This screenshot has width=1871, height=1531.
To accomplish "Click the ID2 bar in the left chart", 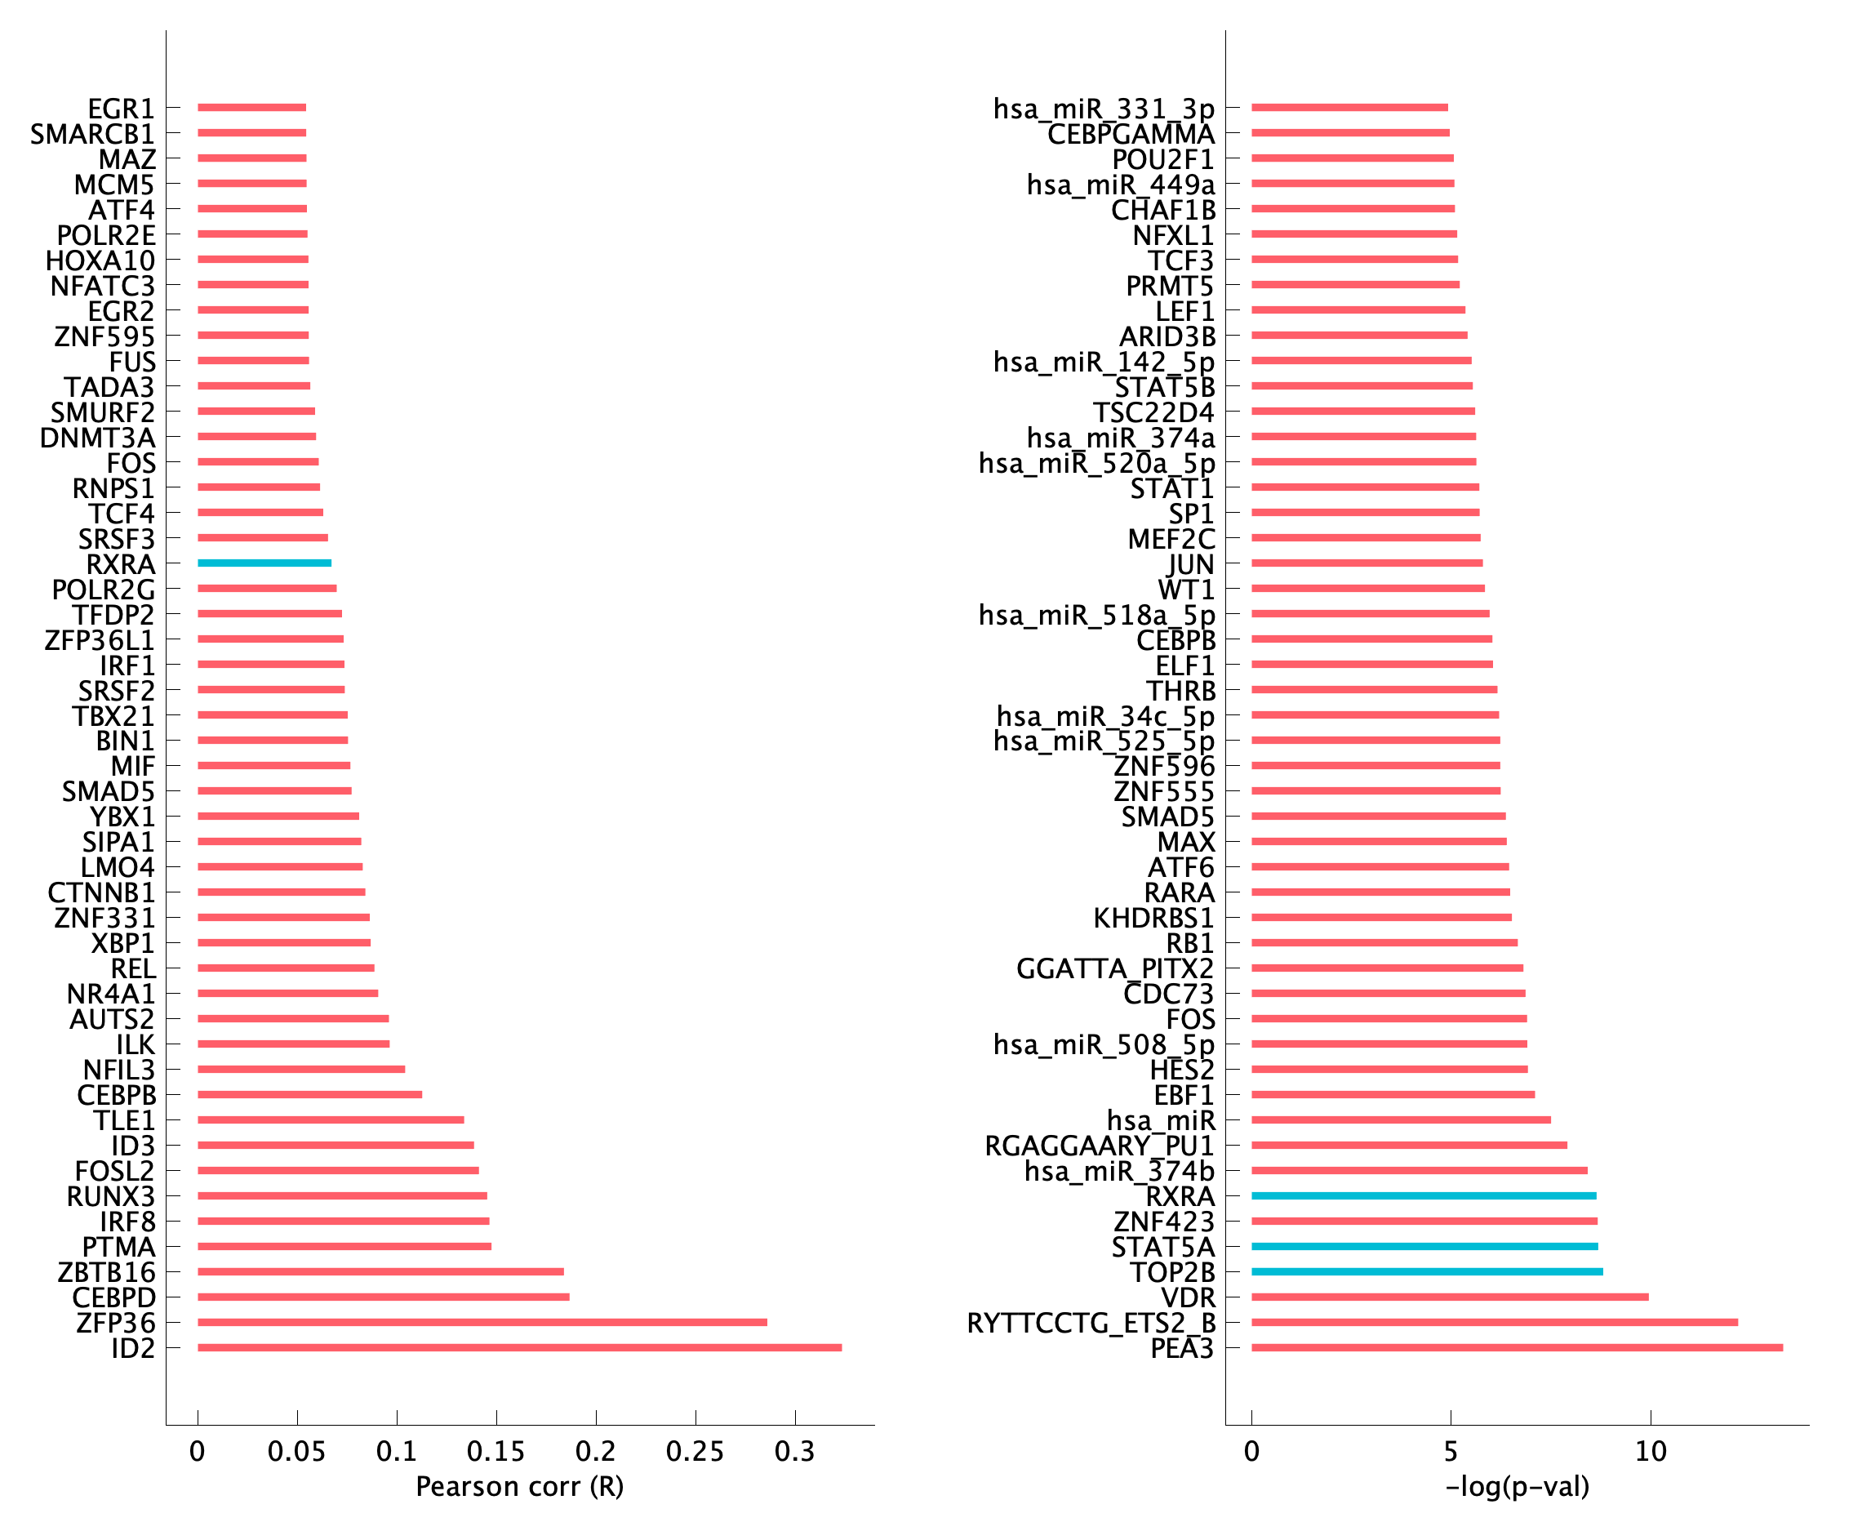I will click(519, 1347).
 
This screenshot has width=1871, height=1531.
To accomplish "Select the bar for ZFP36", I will click(482, 1322).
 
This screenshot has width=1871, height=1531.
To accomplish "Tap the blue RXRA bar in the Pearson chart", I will click(264, 563).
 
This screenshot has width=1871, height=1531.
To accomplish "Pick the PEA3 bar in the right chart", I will click(1517, 1347).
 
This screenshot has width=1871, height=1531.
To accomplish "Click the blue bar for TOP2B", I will click(1427, 1271).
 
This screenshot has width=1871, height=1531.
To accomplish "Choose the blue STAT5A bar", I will click(1424, 1246).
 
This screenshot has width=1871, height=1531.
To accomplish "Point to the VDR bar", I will click(1450, 1297).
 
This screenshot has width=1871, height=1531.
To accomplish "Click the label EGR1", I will click(121, 109).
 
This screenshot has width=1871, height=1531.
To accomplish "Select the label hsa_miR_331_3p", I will click(1103, 109).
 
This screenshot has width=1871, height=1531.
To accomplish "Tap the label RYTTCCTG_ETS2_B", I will click(1091, 1323).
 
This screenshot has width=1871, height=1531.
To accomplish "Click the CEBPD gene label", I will click(113, 1297).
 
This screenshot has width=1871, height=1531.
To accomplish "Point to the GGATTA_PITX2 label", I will click(1114, 968).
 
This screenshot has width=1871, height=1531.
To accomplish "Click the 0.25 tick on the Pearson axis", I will click(695, 1452).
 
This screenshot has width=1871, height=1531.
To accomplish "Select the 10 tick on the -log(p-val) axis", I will click(1651, 1452).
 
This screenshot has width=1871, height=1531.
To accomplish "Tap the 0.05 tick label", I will click(297, 1452).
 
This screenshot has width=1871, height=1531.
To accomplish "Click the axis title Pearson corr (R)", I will click(519, 1487).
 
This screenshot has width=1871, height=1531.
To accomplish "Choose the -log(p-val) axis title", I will click(1517, 1487).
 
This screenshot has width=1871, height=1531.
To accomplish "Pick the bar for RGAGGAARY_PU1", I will click(1409, 1145).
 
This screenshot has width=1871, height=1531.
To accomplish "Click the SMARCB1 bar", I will click(252, 133).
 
